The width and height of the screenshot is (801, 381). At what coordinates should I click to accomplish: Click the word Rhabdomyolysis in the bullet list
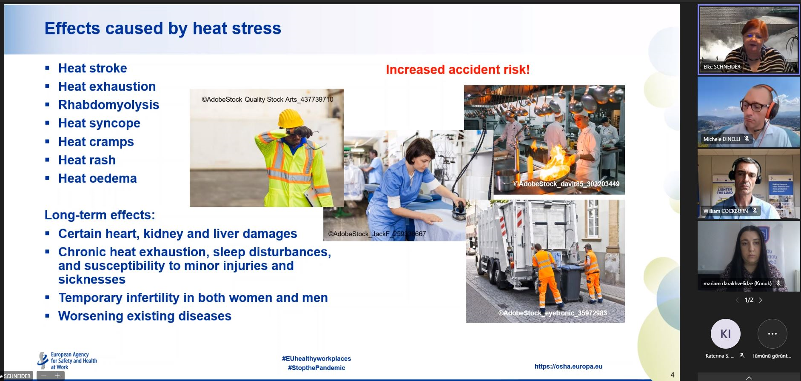tap(108, 105)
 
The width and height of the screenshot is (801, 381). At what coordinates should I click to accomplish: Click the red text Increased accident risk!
tap(458, 69)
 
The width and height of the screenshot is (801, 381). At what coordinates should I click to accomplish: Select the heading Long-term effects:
tap(100, 215)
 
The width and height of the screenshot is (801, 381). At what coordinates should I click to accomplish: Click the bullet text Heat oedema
tap(97, 178)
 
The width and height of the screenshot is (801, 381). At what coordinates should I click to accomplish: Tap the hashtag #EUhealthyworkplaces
tap(316, 358)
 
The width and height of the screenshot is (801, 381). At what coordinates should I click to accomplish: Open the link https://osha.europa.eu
tap(568, 366)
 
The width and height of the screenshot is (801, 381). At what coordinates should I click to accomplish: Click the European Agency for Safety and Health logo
tap(67, 361)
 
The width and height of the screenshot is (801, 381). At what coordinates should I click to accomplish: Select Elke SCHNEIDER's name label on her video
tap(721, 67)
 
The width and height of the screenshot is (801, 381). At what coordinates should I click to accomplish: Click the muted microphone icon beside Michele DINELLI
tap(747, 139)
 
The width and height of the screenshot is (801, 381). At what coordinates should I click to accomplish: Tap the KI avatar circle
tap(725, 334)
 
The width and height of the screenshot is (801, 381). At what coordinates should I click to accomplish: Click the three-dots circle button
tap(772, 334)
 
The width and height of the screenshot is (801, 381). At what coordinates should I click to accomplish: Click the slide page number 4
tap(672, 375)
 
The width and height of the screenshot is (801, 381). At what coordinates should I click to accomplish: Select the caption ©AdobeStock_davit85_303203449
tap(566, 184)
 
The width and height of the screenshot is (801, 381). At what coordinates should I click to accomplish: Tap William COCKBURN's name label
tap(725, 211)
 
